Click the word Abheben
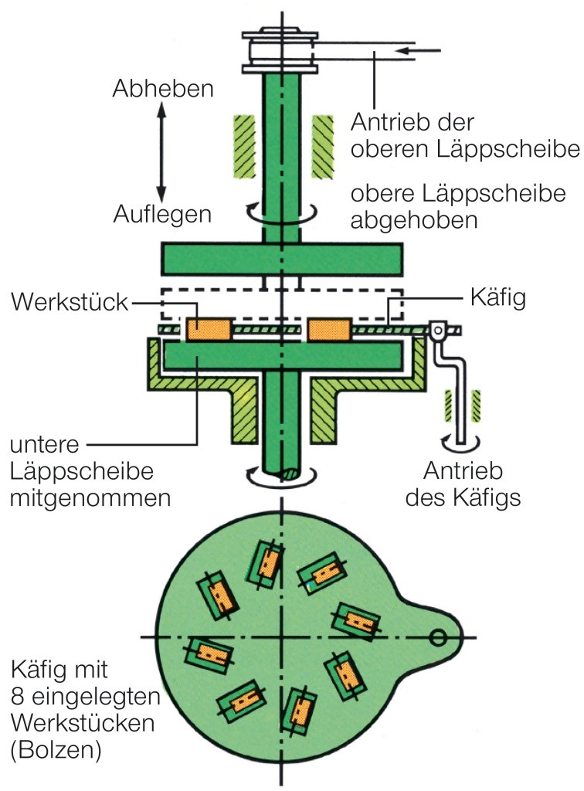pyautogui.click(x=162, y=89)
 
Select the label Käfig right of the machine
pyautogui.click(x=497, y=298)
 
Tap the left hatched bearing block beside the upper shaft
pyautogui.click(x=244, y=144)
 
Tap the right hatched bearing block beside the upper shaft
pyautogui.click(x=322, y=144)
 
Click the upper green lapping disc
pyautogui.click(x=281, y=259)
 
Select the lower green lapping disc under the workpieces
pyautogui.click(x=281, y=355)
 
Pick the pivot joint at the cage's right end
pyautogui.click(x=437, y=333)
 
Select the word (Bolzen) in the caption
pyautogui.click(x=56, y=749)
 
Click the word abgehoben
pyautogui.click(x=413, y=219)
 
